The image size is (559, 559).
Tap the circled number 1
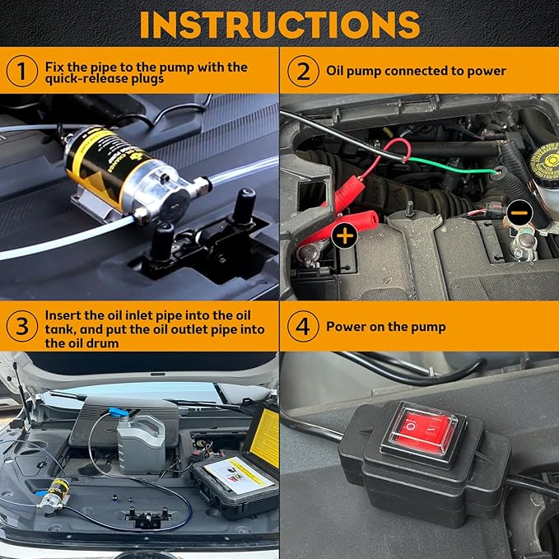click(x=21, y=73)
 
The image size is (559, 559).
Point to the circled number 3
click(x=21, y=327)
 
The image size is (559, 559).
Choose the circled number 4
click(x=302, y=327)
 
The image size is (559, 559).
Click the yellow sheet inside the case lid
click(x=265, y=436)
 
